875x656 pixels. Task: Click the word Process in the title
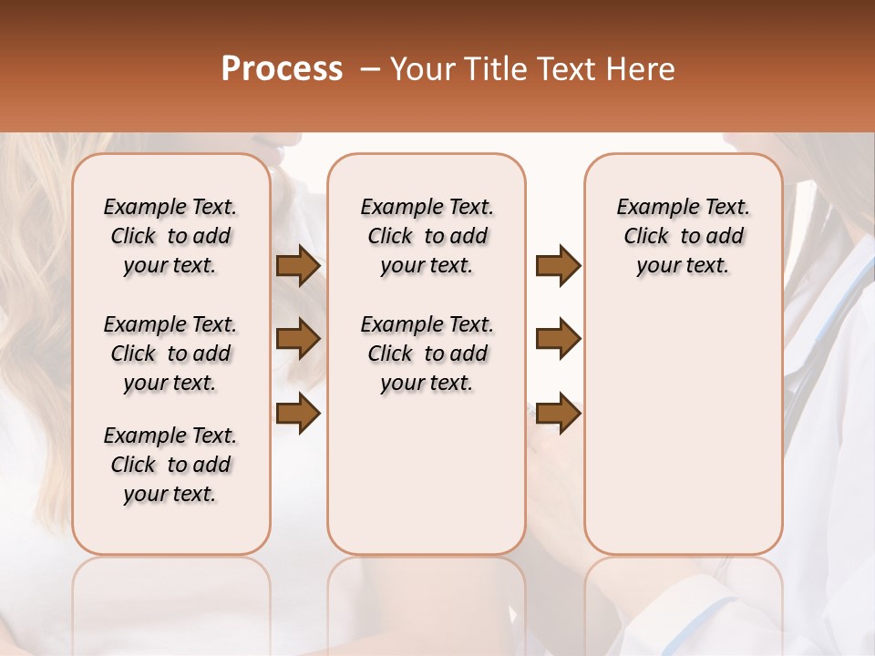coord(282,69)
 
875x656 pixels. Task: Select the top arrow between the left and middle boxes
coord(298,266)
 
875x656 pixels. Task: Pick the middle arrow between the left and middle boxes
coord(298,339)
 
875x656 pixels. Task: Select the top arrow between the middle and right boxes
coord(558,266)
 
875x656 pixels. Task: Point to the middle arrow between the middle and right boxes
coord(558,339)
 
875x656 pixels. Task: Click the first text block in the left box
coord(170,236)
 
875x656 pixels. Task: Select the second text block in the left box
coord(170,354)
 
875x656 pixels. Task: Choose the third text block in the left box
coord(170,465)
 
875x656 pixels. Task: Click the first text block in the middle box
coord(427,236)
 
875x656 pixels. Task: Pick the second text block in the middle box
coord(427,354)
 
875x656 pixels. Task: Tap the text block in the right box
coord(683,236)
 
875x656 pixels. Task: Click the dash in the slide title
coord(369,69)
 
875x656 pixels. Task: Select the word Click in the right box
coord(646,237)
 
